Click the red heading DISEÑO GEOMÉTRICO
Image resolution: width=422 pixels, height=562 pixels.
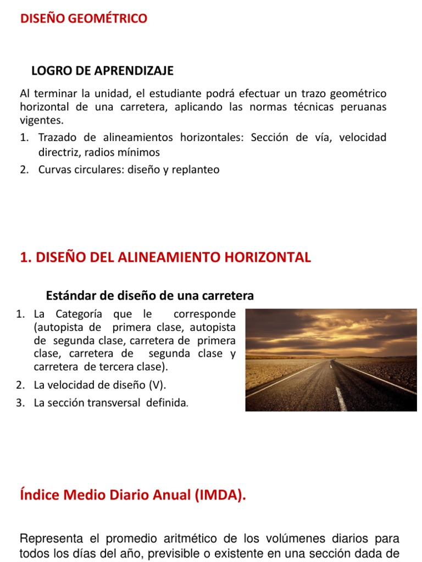coord(84,19)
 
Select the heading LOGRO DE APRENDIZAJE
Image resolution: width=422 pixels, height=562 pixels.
coord(102,70)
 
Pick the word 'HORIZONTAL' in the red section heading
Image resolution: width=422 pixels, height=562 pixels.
coord(272,257)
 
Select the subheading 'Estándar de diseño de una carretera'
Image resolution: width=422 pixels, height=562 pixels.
coord(149,296)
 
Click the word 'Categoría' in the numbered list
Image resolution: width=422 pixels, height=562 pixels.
coord(79,314)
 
